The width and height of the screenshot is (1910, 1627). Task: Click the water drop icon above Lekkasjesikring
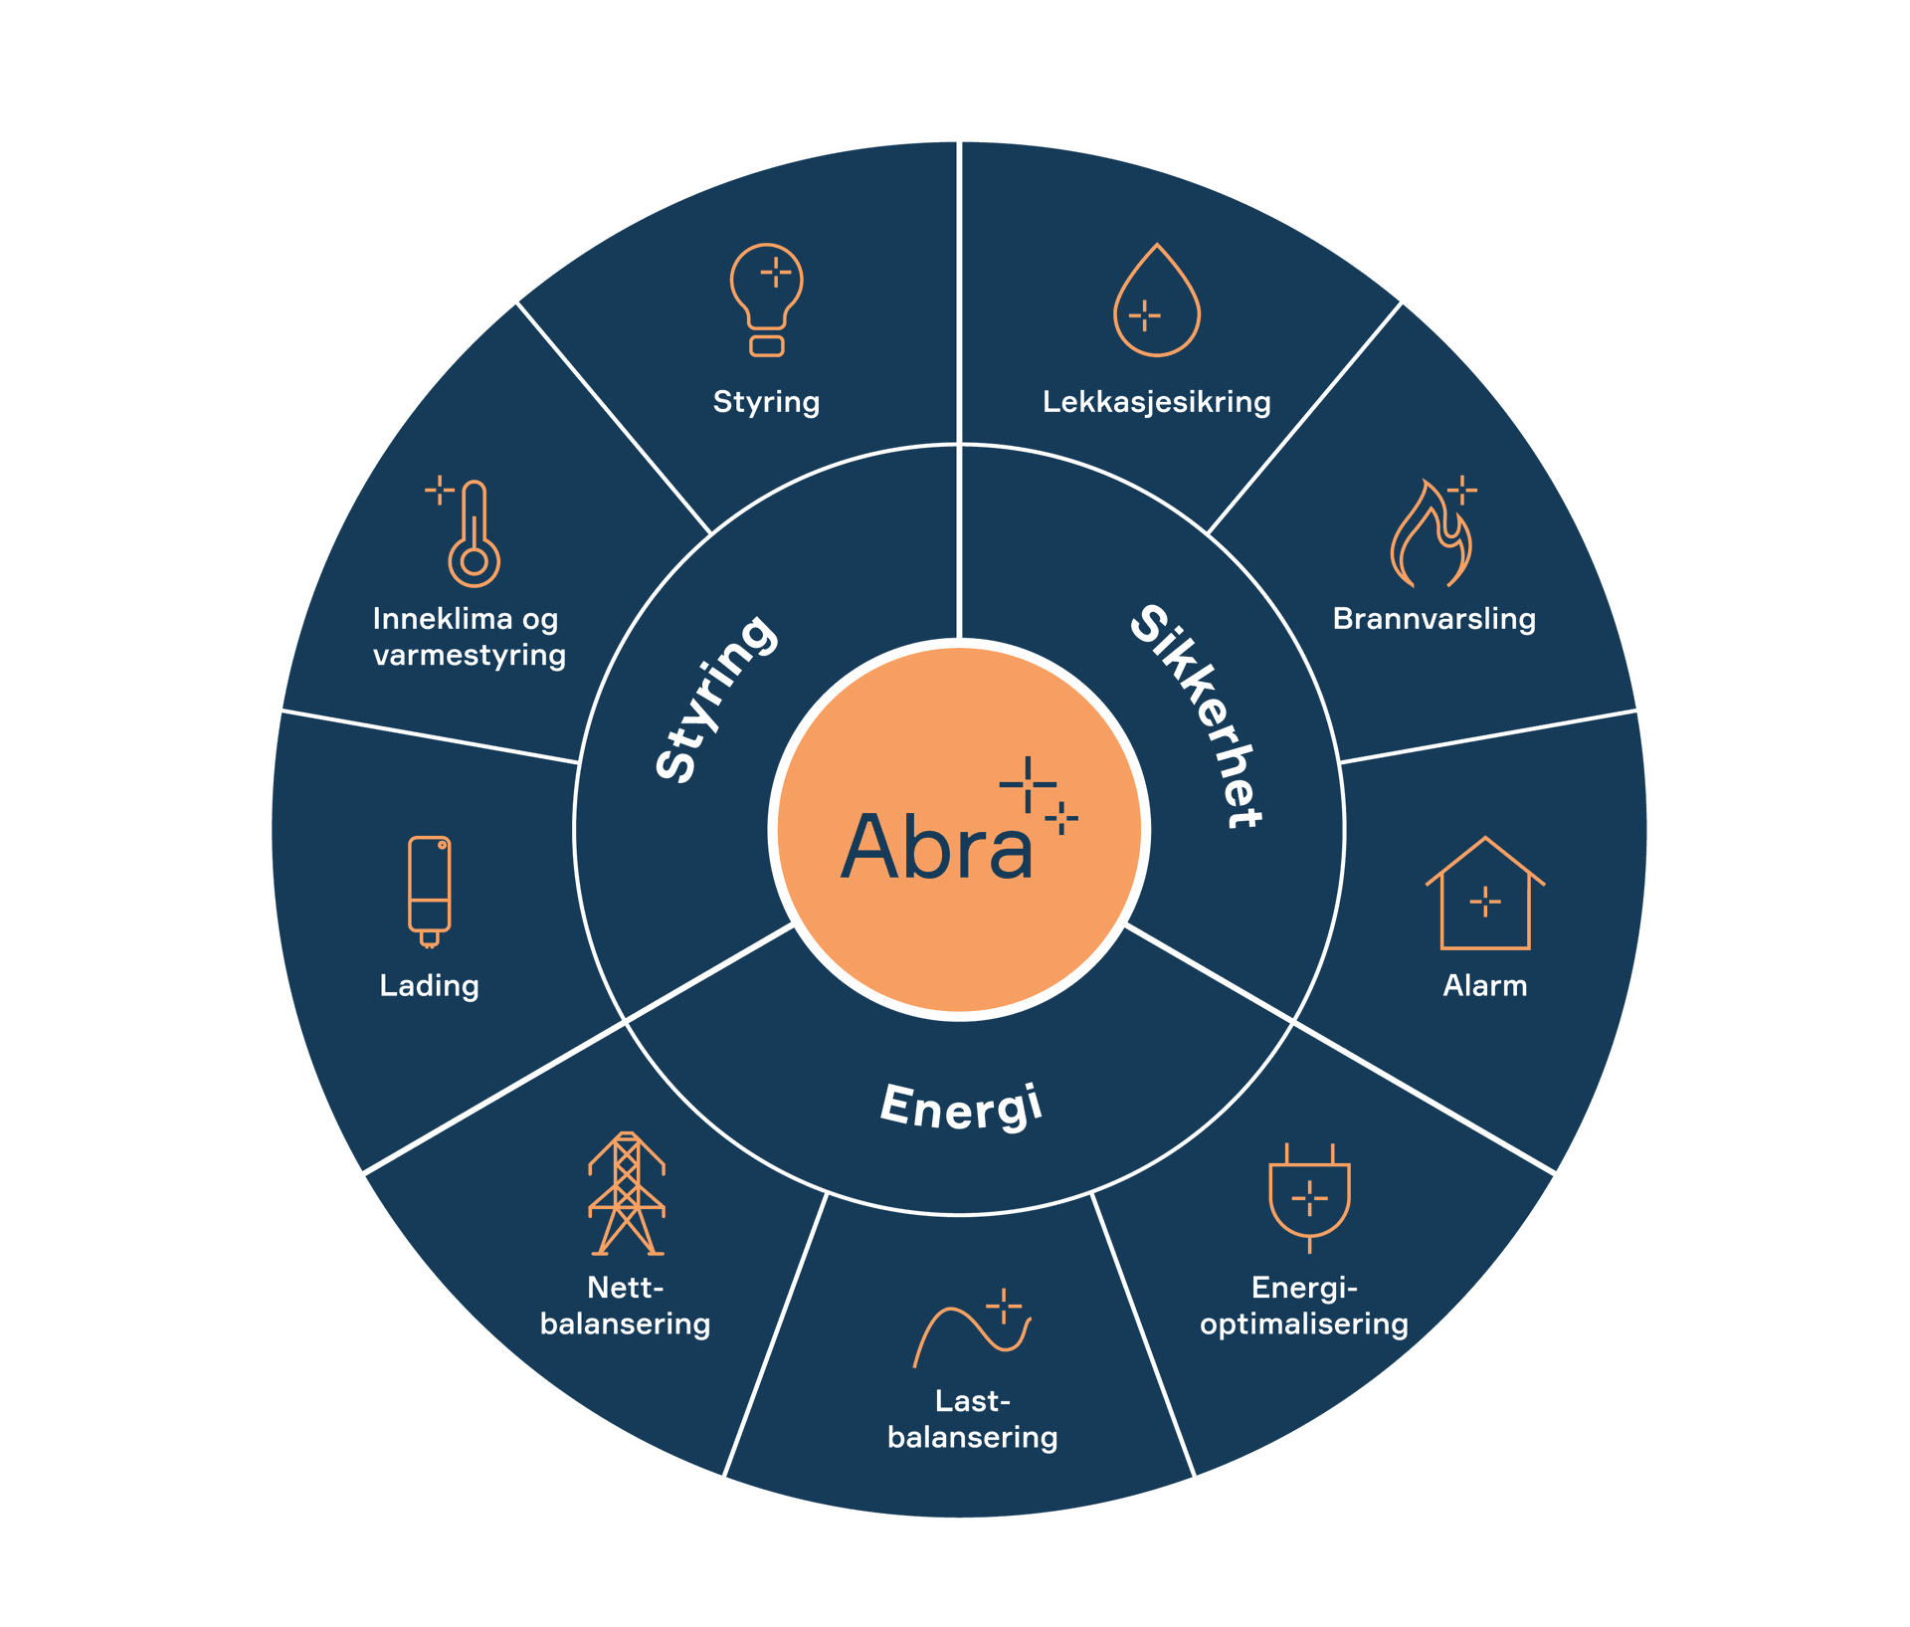[1156, 302]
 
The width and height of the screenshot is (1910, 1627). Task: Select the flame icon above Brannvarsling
[1432, 533]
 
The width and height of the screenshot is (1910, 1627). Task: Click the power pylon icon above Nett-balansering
[626, 1193]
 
